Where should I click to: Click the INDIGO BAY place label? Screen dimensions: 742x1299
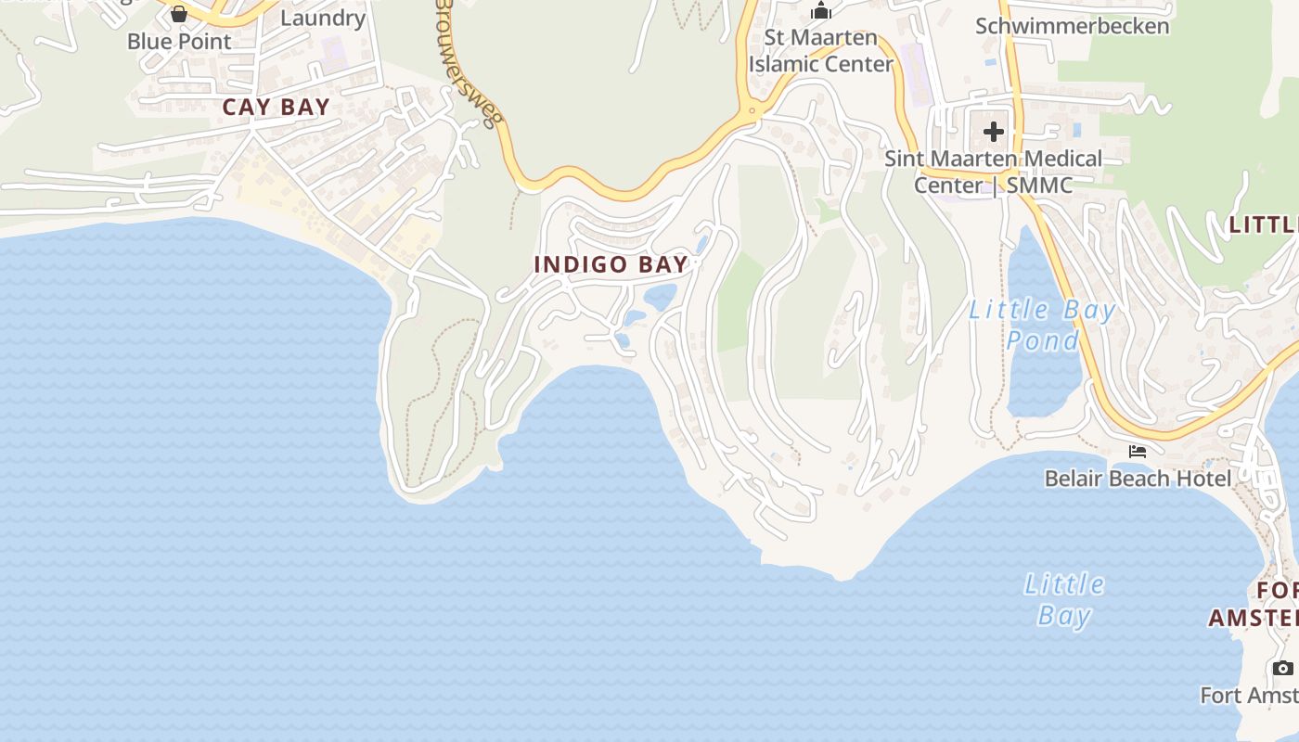[x=611, y=264]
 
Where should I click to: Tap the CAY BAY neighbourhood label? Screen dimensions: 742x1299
[x=277, y=107]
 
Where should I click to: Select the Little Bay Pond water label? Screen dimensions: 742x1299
[x=1042, y=325]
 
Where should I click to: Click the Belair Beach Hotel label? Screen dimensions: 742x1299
[x=1138, y=479]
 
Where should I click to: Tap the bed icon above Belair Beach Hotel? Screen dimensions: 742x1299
[x=1138, y=452]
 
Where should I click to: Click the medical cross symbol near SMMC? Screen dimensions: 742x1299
[x=994, y=132]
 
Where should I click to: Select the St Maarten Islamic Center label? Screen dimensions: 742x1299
[x=820, y=51]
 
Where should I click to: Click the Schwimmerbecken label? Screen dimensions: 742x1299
[x=1072, y=26]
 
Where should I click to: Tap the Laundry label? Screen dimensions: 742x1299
[x=322, y=18]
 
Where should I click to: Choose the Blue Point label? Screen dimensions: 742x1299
[x=179, y=42]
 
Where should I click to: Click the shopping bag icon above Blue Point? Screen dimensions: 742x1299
[x=179, y=14]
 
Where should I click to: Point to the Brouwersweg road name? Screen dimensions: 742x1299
[x=469, y=60]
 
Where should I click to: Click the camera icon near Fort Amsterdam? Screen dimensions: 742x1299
[x=1283, y=668]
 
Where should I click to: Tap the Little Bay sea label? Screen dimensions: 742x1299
[x=1063, y=599]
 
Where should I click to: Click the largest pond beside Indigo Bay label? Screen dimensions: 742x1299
[x=661, y=297]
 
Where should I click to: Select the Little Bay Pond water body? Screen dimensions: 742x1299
[x=1044, y=380]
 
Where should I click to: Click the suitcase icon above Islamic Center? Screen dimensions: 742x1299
[x=820, y=11]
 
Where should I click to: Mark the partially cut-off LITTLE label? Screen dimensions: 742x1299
[x=1263, y=224]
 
